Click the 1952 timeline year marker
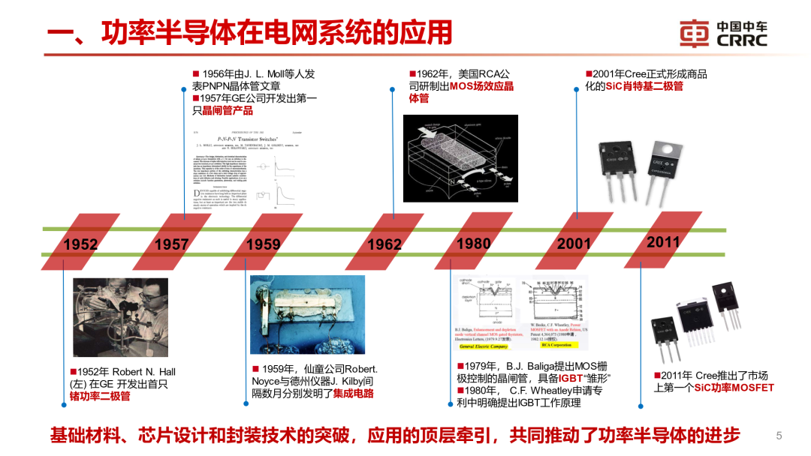80,244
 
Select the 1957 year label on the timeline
172,244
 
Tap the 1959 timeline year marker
263,244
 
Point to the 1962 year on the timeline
384,244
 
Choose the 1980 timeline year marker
474,243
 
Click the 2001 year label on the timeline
574,243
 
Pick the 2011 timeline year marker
663,241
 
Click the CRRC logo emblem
694,33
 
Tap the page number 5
779,435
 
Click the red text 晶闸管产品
223,110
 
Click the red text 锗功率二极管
100,395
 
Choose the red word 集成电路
353,393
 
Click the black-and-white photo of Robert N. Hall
119,317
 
